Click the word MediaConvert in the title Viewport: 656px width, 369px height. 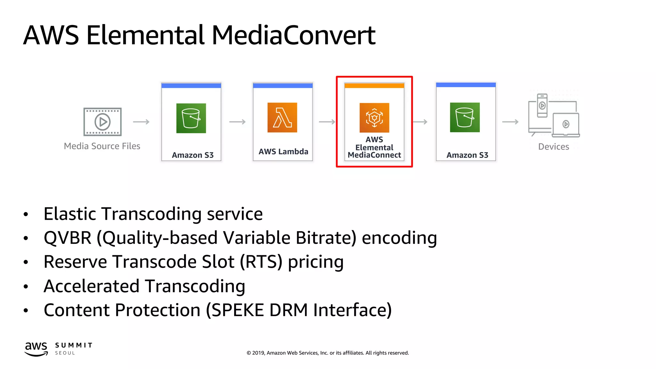(293, 35)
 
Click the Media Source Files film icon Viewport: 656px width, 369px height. (102, 122)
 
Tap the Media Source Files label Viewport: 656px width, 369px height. (102, 146)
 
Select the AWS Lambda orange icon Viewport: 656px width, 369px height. (282, 118)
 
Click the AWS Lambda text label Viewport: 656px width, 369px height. (283, 152)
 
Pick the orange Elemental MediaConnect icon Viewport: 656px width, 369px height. (374, 118)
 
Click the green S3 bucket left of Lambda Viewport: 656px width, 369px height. (191, 118)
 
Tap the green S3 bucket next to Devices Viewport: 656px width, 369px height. (465, 118)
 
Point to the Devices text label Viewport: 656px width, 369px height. (553, 147)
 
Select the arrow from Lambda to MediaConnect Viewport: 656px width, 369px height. (327, 122)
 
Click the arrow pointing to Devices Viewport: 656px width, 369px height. (510, 122)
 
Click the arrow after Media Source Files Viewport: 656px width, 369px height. (141, 122)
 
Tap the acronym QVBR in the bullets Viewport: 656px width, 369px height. (68, 238)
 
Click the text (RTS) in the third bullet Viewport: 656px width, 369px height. (261, 262)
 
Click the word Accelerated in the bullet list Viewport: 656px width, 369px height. (91, 286)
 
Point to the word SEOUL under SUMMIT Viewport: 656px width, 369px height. (65, 353)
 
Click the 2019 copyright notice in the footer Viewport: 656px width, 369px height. (328, 353)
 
